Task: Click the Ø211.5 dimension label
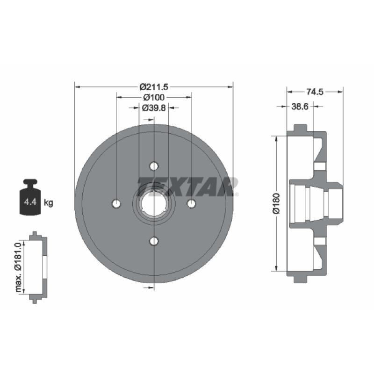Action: [154, 87]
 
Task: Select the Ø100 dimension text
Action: [154, 97]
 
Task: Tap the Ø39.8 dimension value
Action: [154, 108]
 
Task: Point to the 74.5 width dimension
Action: [315, 92]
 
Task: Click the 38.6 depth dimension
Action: [300, 107]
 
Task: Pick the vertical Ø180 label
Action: [276, 203]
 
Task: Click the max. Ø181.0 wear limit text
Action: [18, 267]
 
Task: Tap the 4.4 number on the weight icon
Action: [30, 202]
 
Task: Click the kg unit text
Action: [49, 203]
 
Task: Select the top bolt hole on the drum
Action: [154, 166]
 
